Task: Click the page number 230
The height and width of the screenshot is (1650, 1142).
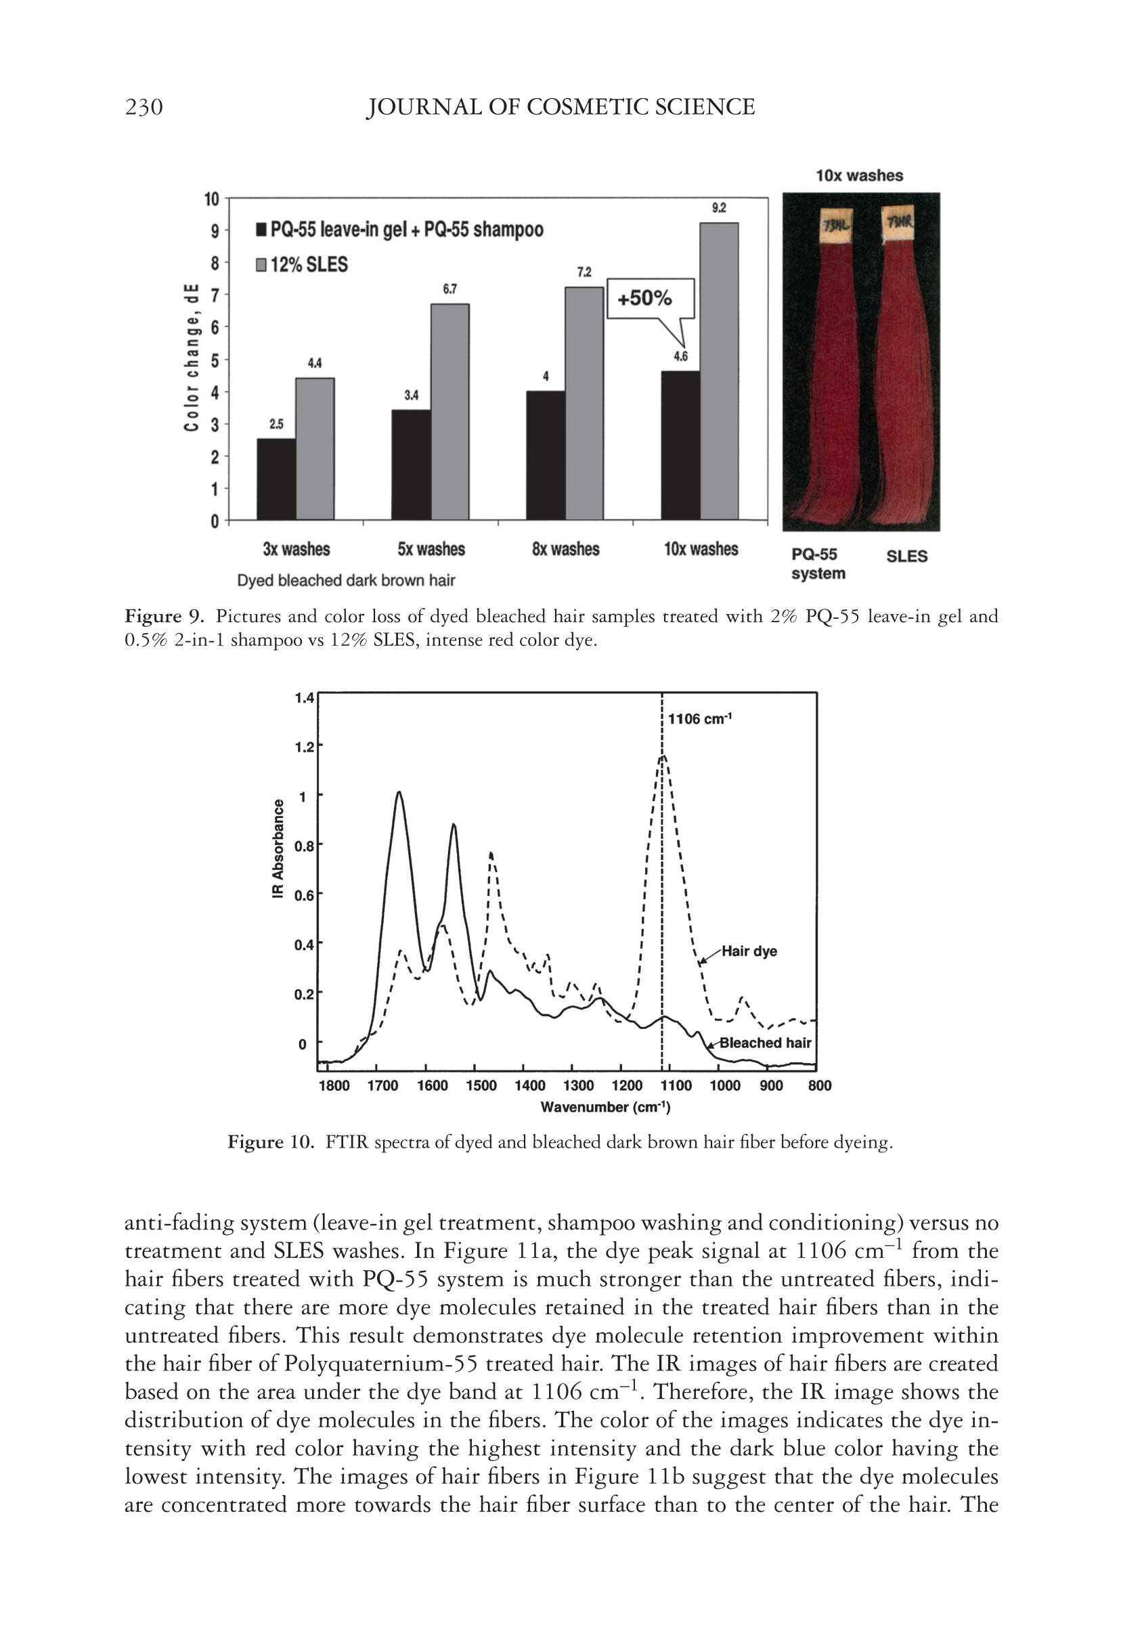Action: (144, 108)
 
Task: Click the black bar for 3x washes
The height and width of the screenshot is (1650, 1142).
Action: (276, 479)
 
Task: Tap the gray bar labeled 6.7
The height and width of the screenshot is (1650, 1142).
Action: (449, 412)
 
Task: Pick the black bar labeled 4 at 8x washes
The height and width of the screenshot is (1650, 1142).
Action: (545, 455)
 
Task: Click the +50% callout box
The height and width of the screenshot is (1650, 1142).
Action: (651, 298)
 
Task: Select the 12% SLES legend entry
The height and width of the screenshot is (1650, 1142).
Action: (302, 265)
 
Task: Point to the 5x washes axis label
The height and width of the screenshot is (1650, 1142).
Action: (431, 550)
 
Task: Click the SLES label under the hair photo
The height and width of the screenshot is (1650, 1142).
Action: (906, 556)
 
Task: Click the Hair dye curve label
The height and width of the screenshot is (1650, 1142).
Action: (749, 951)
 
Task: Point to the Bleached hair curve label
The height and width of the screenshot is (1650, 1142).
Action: (765, 1043)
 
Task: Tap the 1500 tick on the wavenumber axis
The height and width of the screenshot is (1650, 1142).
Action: (481, 1085)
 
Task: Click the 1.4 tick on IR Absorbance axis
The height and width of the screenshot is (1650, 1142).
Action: (304, 697)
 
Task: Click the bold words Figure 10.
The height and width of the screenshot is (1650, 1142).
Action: (271, 1142)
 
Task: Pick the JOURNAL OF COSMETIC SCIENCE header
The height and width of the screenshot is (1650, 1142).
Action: (561, 108)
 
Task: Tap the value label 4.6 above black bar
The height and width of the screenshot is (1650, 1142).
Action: (680, 357)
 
